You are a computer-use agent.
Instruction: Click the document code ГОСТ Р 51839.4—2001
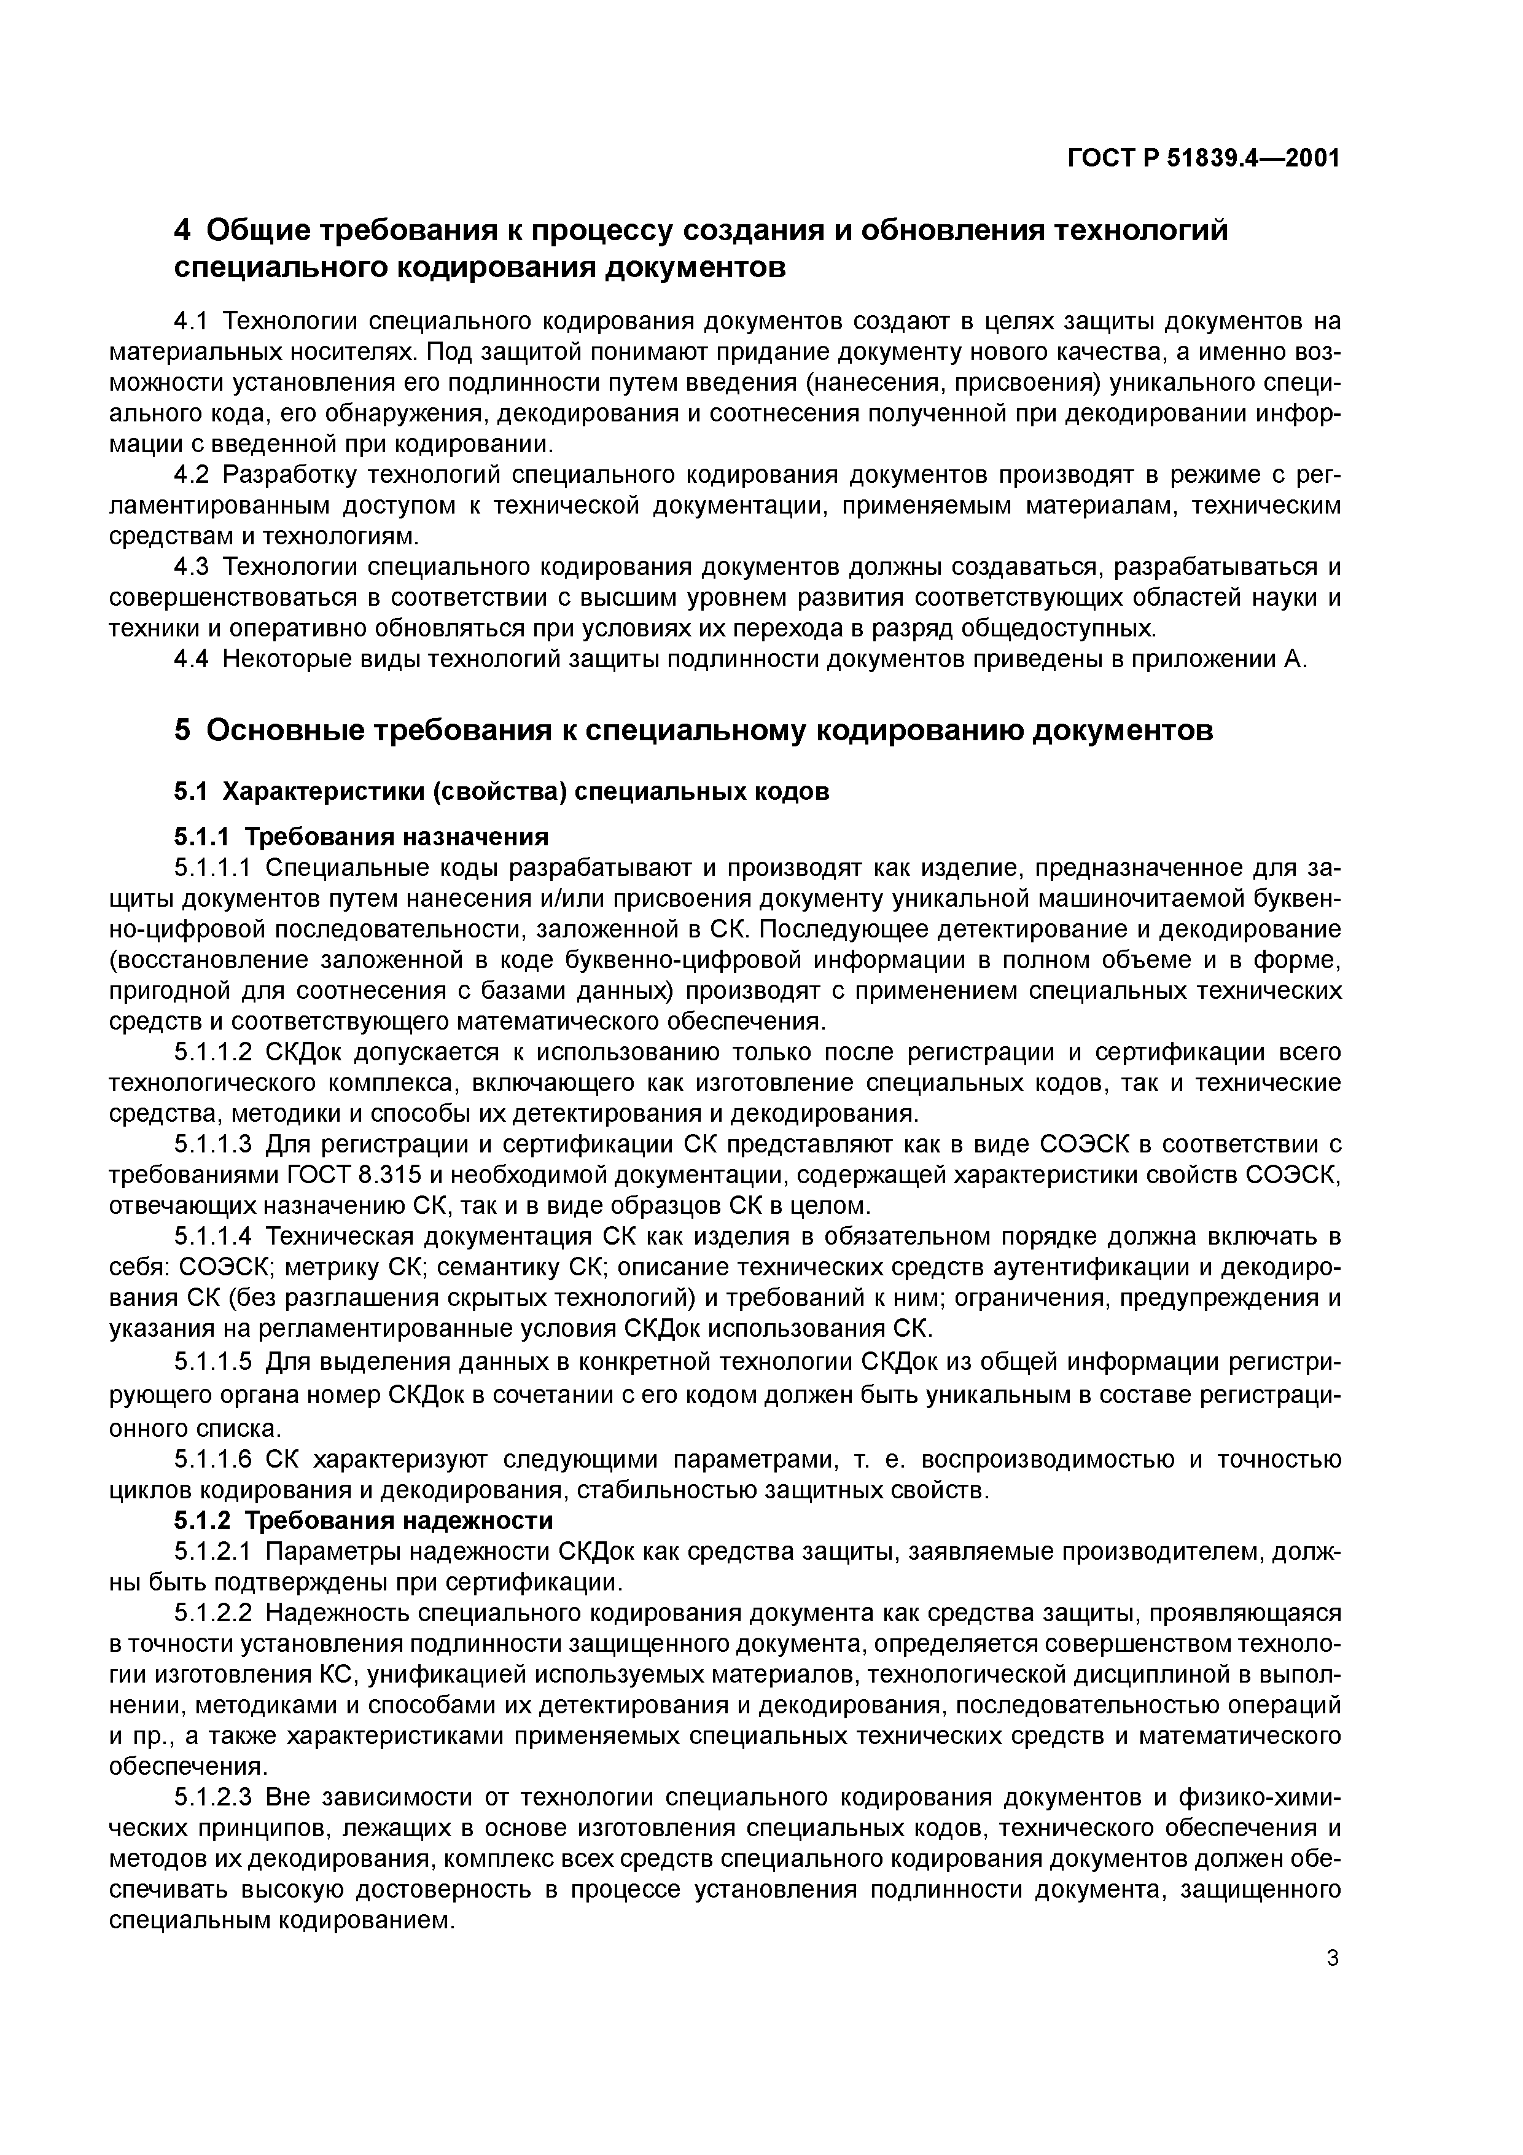(x=1203, y=158)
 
